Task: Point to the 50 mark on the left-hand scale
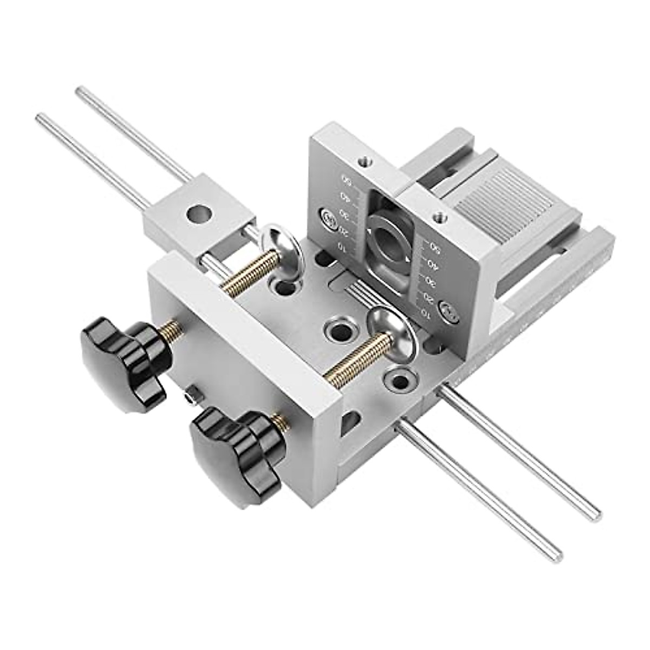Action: click(344, 180)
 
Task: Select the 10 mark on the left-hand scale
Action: click(341, 246)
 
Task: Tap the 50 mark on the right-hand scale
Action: click(433, 246)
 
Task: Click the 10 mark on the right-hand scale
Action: click(426, 313)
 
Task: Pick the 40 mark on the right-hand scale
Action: click(432, 264)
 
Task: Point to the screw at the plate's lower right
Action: click(448, 311)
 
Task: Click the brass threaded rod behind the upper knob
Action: click(171, 329)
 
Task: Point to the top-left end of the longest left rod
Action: click(39, 116)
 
